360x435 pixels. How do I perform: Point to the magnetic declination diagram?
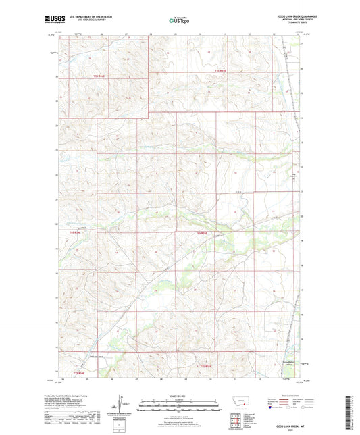coord(123,405)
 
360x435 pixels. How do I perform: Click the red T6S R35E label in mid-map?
coord(195,233)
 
